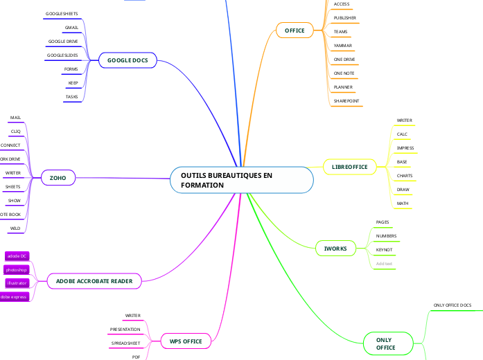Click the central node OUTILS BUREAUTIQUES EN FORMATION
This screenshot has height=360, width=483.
coord(241,181)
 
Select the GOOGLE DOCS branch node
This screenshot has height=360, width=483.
coord(128,61)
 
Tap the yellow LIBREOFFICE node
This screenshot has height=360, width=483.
coord(349,167)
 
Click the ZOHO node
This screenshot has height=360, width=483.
coord(58,178)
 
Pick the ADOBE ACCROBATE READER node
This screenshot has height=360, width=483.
coord(94,280)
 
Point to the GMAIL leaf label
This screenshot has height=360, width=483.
coord(71,28)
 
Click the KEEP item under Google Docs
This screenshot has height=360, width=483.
coord(73,83)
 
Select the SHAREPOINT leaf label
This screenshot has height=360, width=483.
coord(346,101)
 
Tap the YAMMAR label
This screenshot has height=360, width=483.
coord(343,46)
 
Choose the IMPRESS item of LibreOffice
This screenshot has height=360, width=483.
coord(405,148)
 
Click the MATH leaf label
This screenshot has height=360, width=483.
coord(403,204)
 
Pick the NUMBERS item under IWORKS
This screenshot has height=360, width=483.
coord(386,236)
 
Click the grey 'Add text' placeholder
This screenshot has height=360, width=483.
coord(384,264)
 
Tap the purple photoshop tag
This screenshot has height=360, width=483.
coord(16,269)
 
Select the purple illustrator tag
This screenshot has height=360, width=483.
coord(16,283)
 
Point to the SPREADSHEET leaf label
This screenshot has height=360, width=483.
coord(125,343)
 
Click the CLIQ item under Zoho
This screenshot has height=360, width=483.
coord(15,132)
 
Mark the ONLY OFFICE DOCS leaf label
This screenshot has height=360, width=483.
coord(452,305)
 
